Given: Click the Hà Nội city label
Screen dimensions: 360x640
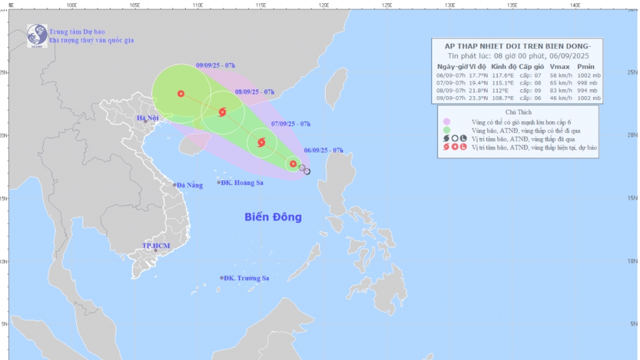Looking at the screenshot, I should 147,117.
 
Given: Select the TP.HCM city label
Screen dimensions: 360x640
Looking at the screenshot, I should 156,246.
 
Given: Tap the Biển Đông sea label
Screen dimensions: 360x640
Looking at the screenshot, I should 273,217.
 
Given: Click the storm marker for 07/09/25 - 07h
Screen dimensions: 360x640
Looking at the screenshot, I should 261,142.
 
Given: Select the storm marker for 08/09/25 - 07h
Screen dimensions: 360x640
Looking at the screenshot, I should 222,112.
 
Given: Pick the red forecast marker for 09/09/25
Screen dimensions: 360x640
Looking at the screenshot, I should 181,94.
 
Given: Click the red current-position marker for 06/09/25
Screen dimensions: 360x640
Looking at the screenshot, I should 293,164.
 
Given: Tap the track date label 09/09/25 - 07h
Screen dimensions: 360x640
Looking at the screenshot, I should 215,65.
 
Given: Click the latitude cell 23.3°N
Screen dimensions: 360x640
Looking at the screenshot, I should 476,98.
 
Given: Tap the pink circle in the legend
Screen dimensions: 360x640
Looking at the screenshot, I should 446,122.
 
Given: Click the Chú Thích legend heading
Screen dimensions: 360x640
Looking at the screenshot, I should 518,111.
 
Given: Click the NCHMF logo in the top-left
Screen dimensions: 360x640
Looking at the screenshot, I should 37,35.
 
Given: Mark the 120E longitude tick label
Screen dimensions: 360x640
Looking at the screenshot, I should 324,5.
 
